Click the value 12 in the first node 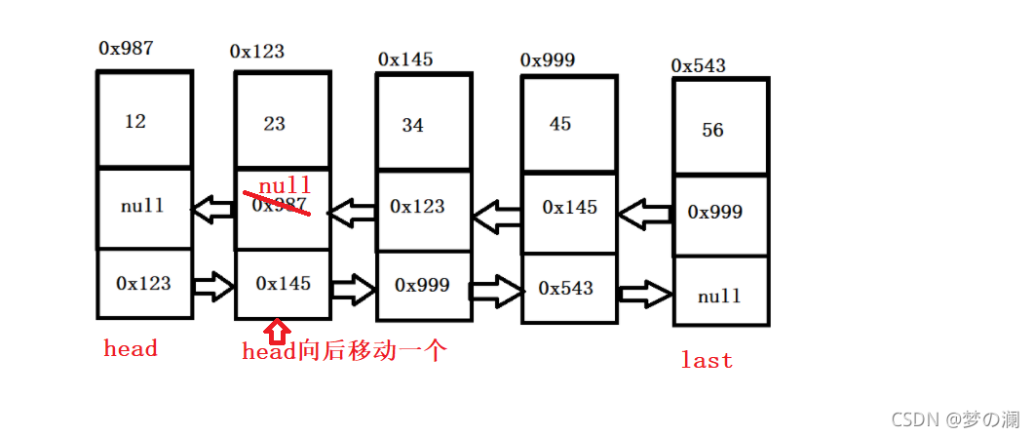click(135, 122)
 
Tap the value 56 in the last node click(713, 130)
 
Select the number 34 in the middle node click(413, 126)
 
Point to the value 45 click(560, 124)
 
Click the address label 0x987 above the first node click(126, 48)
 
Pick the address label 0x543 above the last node click(699, 65)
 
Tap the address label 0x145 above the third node click(405, 60)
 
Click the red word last click(707, 361)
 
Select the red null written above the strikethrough click(285, 185)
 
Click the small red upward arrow click(277, 332)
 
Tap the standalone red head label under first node click(131, 348)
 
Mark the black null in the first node click(142, 206)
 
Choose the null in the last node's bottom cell click(719, 296)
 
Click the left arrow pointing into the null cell click(212, 208)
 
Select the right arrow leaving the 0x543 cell click(645, 293)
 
